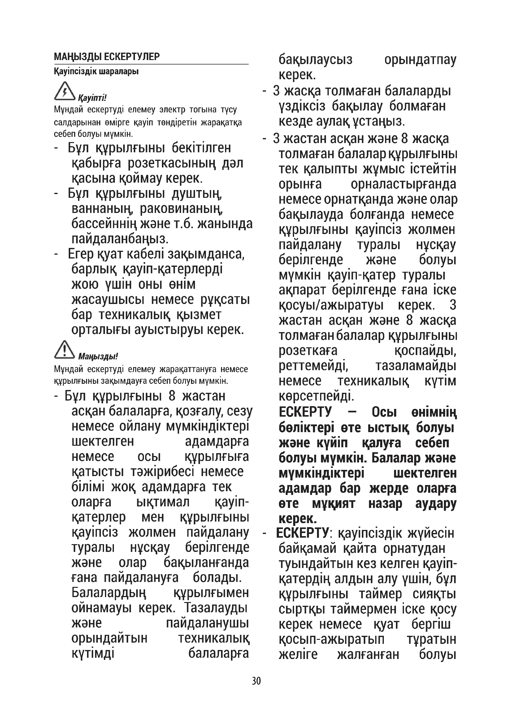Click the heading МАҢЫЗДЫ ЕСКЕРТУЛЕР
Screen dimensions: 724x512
[106, 57]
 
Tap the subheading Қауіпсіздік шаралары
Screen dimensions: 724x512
[96, 71]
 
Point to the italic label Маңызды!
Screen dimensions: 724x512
[98, 357]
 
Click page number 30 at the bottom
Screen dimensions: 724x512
[256, 681]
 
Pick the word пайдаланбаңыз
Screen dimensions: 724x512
[120, 239]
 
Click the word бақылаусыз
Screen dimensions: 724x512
[315, 60]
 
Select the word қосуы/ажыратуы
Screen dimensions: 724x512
[331, 305]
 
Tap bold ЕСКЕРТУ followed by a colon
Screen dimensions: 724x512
[303, 533]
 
